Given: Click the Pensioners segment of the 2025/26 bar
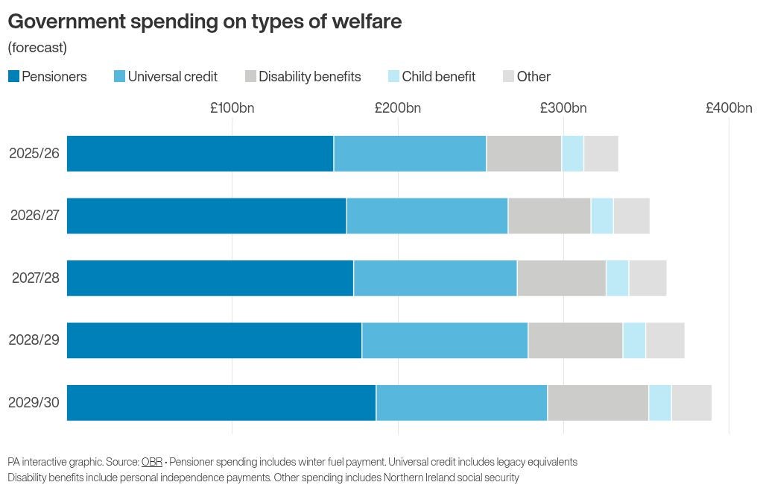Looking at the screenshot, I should (200, 154).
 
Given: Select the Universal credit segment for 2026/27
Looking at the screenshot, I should (427, 216).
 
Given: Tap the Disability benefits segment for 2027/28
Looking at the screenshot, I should (561, 278).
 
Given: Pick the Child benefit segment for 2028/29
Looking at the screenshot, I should (634, 340).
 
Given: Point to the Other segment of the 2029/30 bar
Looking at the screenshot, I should (691, 403).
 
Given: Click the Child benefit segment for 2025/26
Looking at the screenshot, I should (572, 154).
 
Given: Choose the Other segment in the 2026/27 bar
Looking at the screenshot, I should (631, 216).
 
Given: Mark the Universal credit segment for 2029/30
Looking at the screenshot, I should (461, 403).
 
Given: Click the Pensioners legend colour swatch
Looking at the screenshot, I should (13, 76).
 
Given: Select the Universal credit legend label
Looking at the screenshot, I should (172, 76).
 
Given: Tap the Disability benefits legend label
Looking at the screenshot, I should (309, 76).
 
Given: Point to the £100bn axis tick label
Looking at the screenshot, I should (232, 107).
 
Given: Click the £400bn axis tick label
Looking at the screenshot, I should (729, 107).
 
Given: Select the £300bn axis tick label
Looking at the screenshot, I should (563, 107).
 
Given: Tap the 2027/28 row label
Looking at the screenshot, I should (35, 278).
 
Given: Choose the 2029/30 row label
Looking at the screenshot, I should (34, 403).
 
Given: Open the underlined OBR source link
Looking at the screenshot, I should (151, 462).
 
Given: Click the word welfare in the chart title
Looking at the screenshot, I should (362, 22).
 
